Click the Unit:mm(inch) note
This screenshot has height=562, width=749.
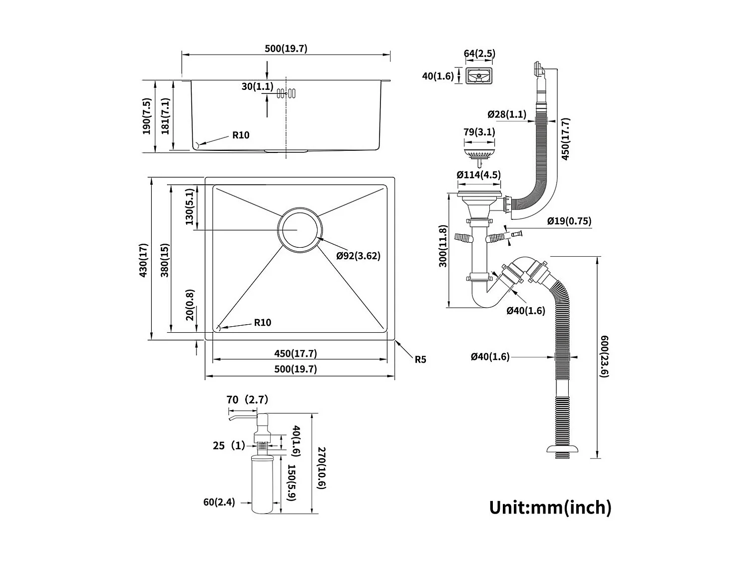tap(550, 507)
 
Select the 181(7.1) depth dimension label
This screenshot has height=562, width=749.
tap(165, 116)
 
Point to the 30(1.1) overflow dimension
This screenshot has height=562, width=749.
tap(257, 86)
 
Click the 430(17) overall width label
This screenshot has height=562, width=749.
tap(144, 260)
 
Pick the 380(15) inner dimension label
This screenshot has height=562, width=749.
tap(165, 260)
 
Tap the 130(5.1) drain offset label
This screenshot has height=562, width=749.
tap(189, 207)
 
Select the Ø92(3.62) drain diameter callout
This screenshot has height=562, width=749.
tap(358, 256)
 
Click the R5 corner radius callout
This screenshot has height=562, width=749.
tap(420, 359)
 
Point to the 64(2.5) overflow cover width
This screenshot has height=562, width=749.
tap(479, 53)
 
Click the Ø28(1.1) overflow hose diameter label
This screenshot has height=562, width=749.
tap(507, 114)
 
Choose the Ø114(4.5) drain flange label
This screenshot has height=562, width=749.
tap(478, 175)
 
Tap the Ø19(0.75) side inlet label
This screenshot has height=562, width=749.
tap(569, 221)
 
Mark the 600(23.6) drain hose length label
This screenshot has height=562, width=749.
tap(605, 356)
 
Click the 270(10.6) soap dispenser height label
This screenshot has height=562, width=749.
tap(322, 468)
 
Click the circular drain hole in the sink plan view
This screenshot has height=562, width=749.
tap(300, 230)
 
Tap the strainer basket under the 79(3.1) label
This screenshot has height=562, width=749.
tap(478, 150)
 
